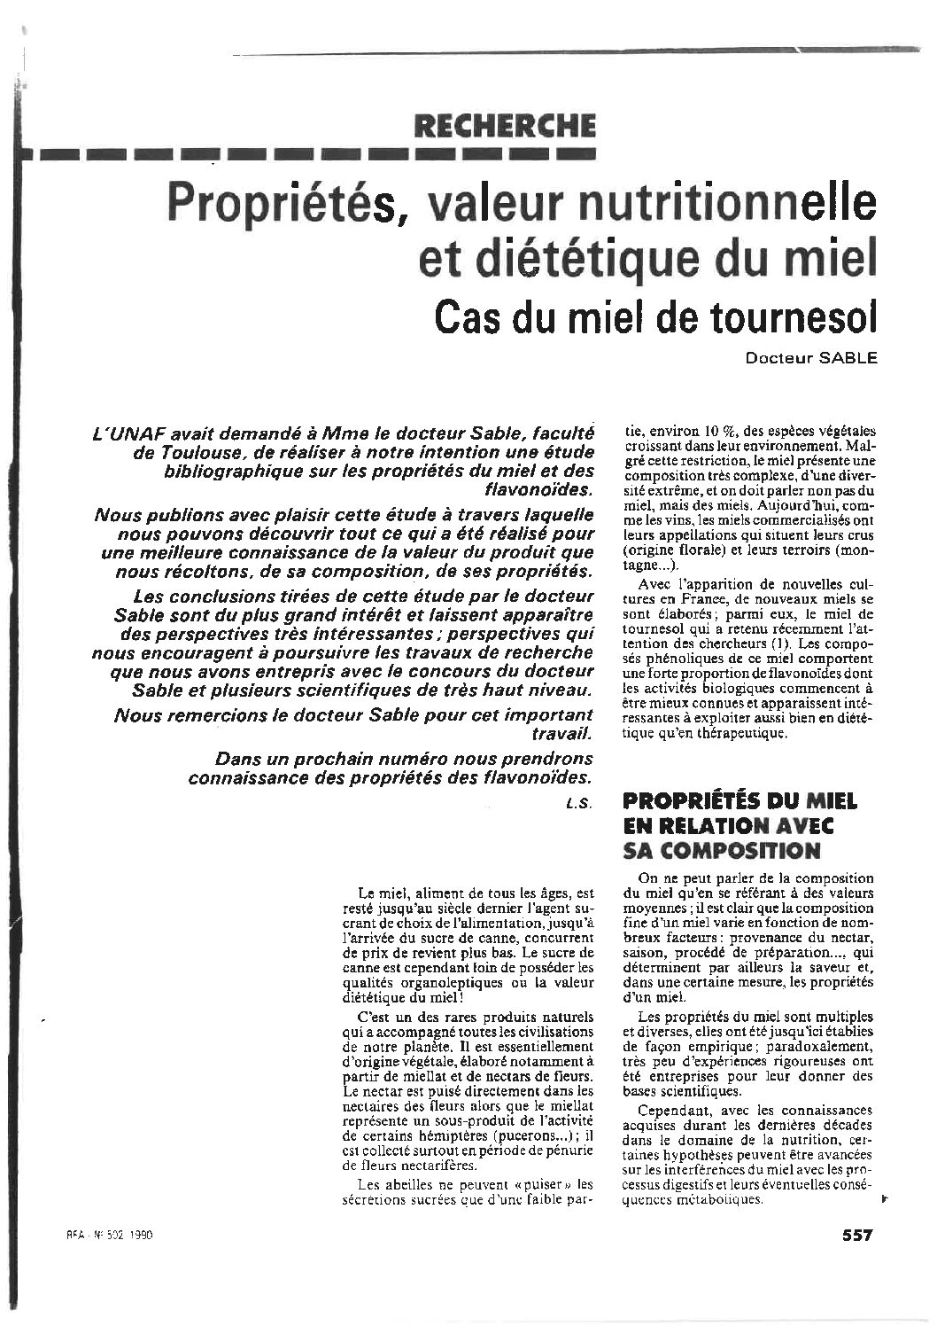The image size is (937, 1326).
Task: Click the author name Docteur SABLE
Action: (x=809, y=357)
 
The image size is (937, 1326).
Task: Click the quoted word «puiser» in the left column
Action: (x=546, y=1184)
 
